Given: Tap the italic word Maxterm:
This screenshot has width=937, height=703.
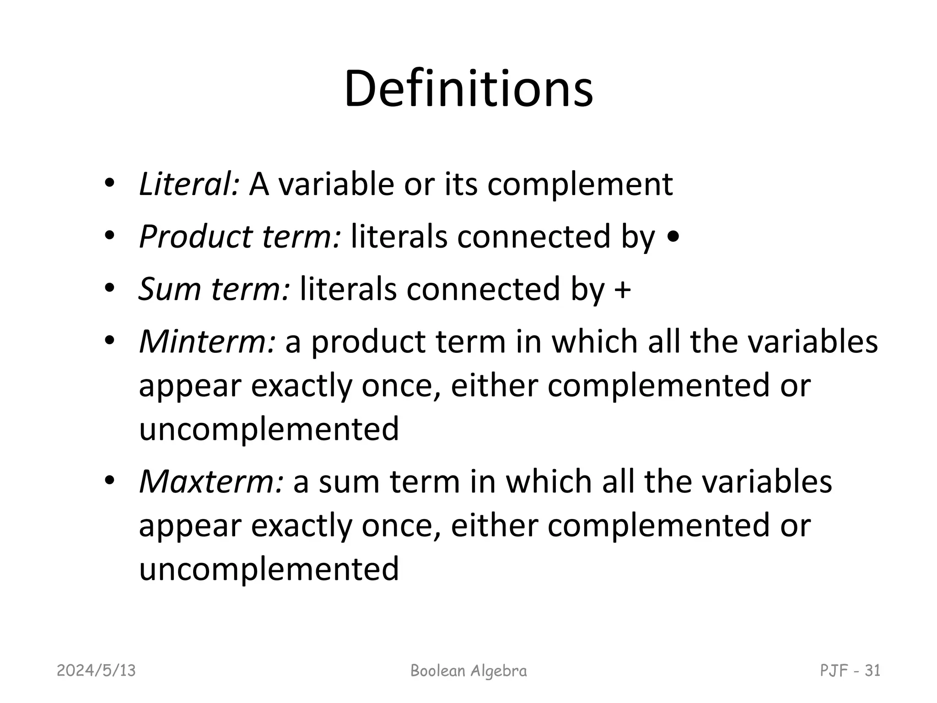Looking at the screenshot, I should click(211, 481).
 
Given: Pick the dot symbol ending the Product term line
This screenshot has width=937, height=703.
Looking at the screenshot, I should click(673, 238).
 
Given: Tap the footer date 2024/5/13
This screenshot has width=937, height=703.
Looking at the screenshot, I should click(97, 671).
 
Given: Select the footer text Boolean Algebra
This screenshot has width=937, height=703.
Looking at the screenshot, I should click(468, 671).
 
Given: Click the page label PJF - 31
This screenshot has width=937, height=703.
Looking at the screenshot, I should click(850, 671).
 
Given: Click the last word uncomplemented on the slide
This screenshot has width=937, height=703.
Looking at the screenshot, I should click(269, 569).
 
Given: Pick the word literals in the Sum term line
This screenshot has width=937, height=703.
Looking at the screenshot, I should click(348, 289).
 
